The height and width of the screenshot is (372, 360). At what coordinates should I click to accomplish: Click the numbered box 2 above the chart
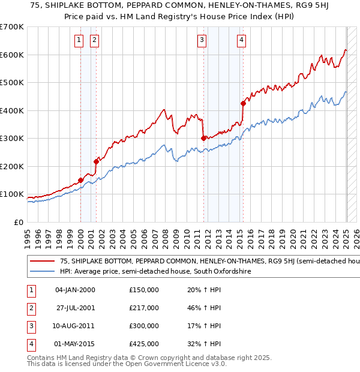tap(95, 40)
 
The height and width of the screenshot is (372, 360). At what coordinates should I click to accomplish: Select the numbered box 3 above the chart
tap(202, 40)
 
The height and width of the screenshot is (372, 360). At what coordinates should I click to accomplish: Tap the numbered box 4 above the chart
tap(241, 40)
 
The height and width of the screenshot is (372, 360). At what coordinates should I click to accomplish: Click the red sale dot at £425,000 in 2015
tap(243, 103)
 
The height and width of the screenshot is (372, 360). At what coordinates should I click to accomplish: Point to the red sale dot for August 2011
tap(203, 138)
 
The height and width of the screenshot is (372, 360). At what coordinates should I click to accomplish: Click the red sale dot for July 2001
tap(96, 161)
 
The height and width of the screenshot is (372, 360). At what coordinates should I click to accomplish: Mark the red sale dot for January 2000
tap(80, 180)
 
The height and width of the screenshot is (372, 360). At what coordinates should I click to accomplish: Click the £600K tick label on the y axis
tap(11, 55)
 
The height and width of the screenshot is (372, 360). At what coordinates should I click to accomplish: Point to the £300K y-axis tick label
tap(11, 138)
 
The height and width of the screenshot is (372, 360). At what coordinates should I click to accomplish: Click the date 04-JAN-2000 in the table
tap(75, 290)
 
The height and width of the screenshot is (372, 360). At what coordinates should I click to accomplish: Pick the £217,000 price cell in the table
tap(144, 308)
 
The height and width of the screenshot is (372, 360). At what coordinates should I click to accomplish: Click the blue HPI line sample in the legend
tap(42, 271)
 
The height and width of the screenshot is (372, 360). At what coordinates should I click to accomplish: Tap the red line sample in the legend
tap(42, 261)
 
